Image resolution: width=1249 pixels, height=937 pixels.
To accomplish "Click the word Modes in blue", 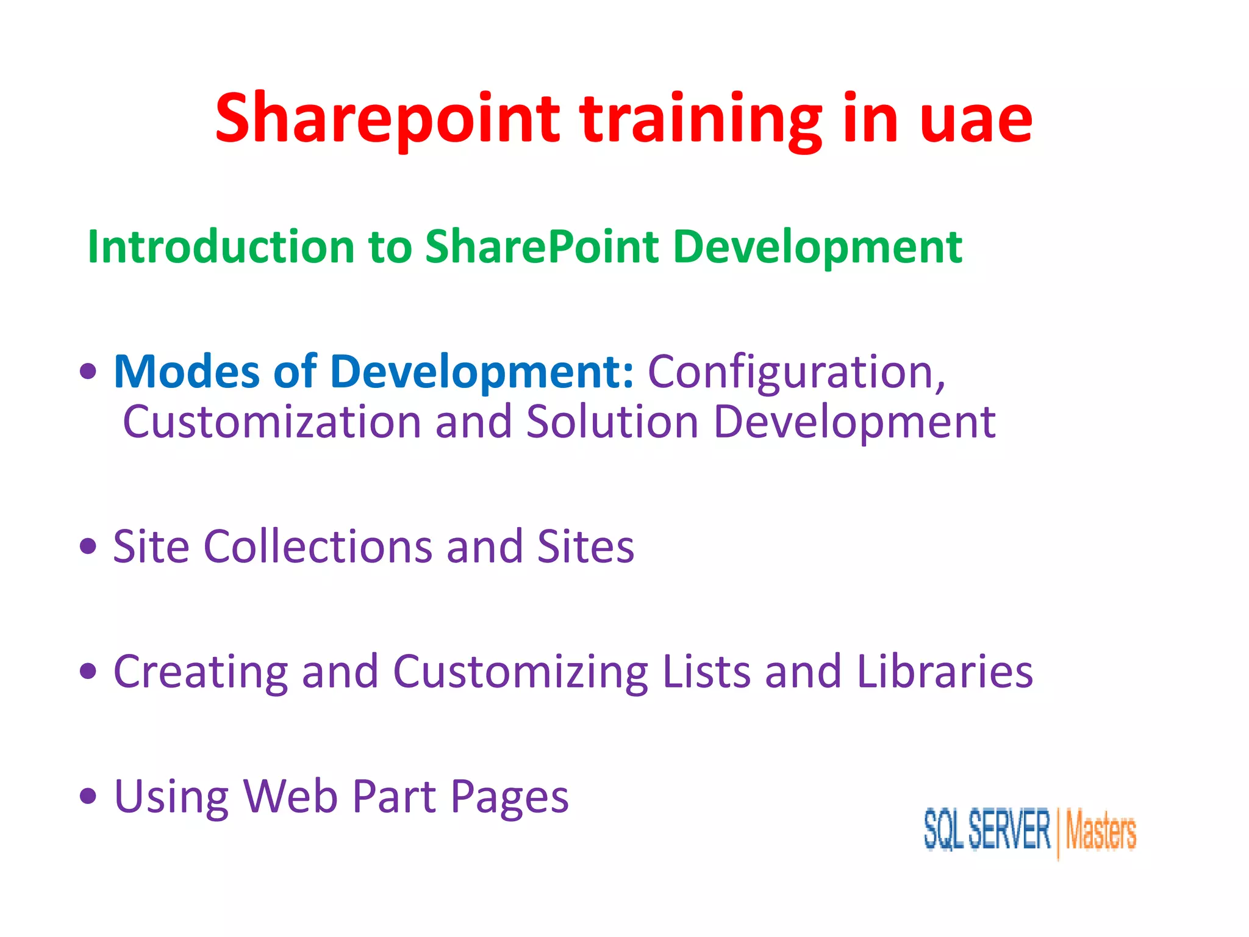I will pyautogui.click(x=187, y=372).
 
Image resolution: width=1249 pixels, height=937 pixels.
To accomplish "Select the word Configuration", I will pyautogui.click(x=796, y=373).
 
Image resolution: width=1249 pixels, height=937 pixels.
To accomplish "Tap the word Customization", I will pyautogui.click(x=272, y=422).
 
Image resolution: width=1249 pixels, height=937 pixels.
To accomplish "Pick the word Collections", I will pyautogui.click(x=317, y=547).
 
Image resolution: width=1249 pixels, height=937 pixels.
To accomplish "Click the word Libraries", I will pyautogui.click(x=945, y=672).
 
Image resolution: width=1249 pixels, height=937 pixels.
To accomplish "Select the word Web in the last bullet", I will pyautogui.click(x=290, y=797).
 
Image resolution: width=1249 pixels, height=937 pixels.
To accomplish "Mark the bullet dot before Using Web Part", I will pyautogui.click(x=88, y=796).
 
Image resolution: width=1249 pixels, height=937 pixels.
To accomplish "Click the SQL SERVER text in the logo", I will pyautogui.click(x=987, y=830).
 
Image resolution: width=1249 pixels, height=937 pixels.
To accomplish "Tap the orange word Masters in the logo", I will pyautogui.click(x=1101, y=831).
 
